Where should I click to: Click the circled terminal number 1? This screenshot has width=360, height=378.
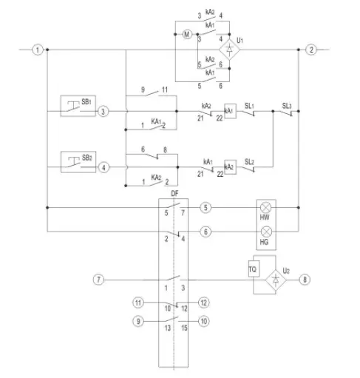(37, 50)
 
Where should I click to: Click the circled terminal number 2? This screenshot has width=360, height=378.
(311, 50)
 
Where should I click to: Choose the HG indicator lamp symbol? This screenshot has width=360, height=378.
(265, 232)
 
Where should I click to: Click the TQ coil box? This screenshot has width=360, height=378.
(254, 271)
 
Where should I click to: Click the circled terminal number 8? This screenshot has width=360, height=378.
(303, 280)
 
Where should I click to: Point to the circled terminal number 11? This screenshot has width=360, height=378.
(137, 302)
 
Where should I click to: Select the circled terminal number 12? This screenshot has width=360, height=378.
(204, 302)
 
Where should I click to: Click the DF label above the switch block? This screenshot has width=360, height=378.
(174, 193)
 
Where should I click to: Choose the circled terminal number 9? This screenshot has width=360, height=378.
(137, 321)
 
